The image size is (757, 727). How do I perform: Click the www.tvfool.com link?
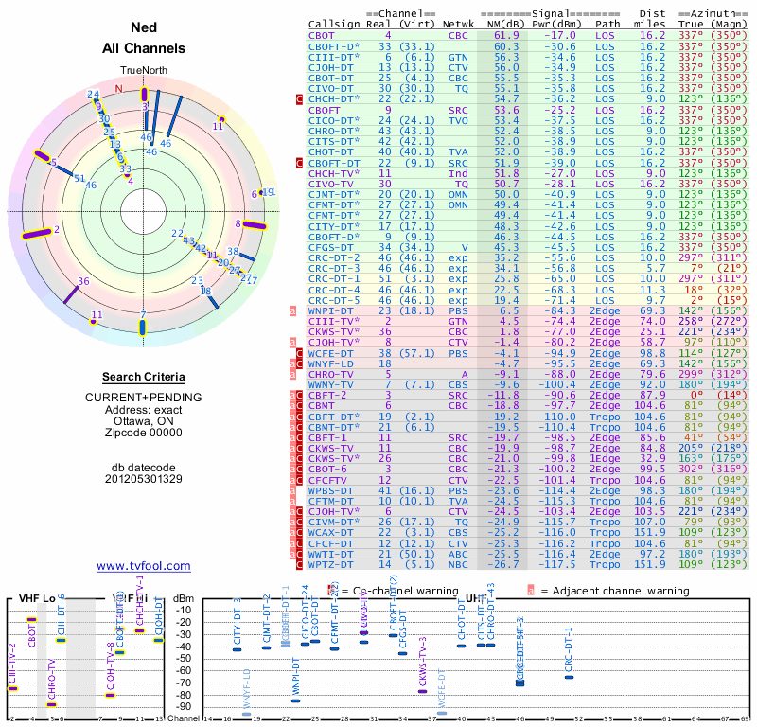[143, 566]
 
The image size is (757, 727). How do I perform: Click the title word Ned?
[143, 27]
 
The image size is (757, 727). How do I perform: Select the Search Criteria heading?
[143, 377]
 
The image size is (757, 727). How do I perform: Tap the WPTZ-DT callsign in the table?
[331, 564]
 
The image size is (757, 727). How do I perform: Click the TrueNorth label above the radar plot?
[143, 70]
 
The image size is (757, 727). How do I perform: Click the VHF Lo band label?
[39, 598]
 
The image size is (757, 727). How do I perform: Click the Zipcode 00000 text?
[143, 433]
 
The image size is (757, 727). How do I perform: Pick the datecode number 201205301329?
[143, 478]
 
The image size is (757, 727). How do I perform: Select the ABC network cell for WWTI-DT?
[458, 554]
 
